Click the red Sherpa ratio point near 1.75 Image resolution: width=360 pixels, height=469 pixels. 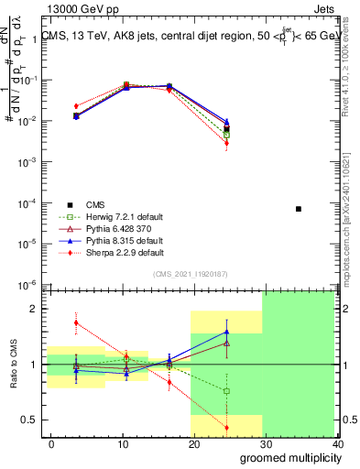[x=76, y=322]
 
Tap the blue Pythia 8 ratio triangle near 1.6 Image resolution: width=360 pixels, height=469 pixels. [x=226, y=333]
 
